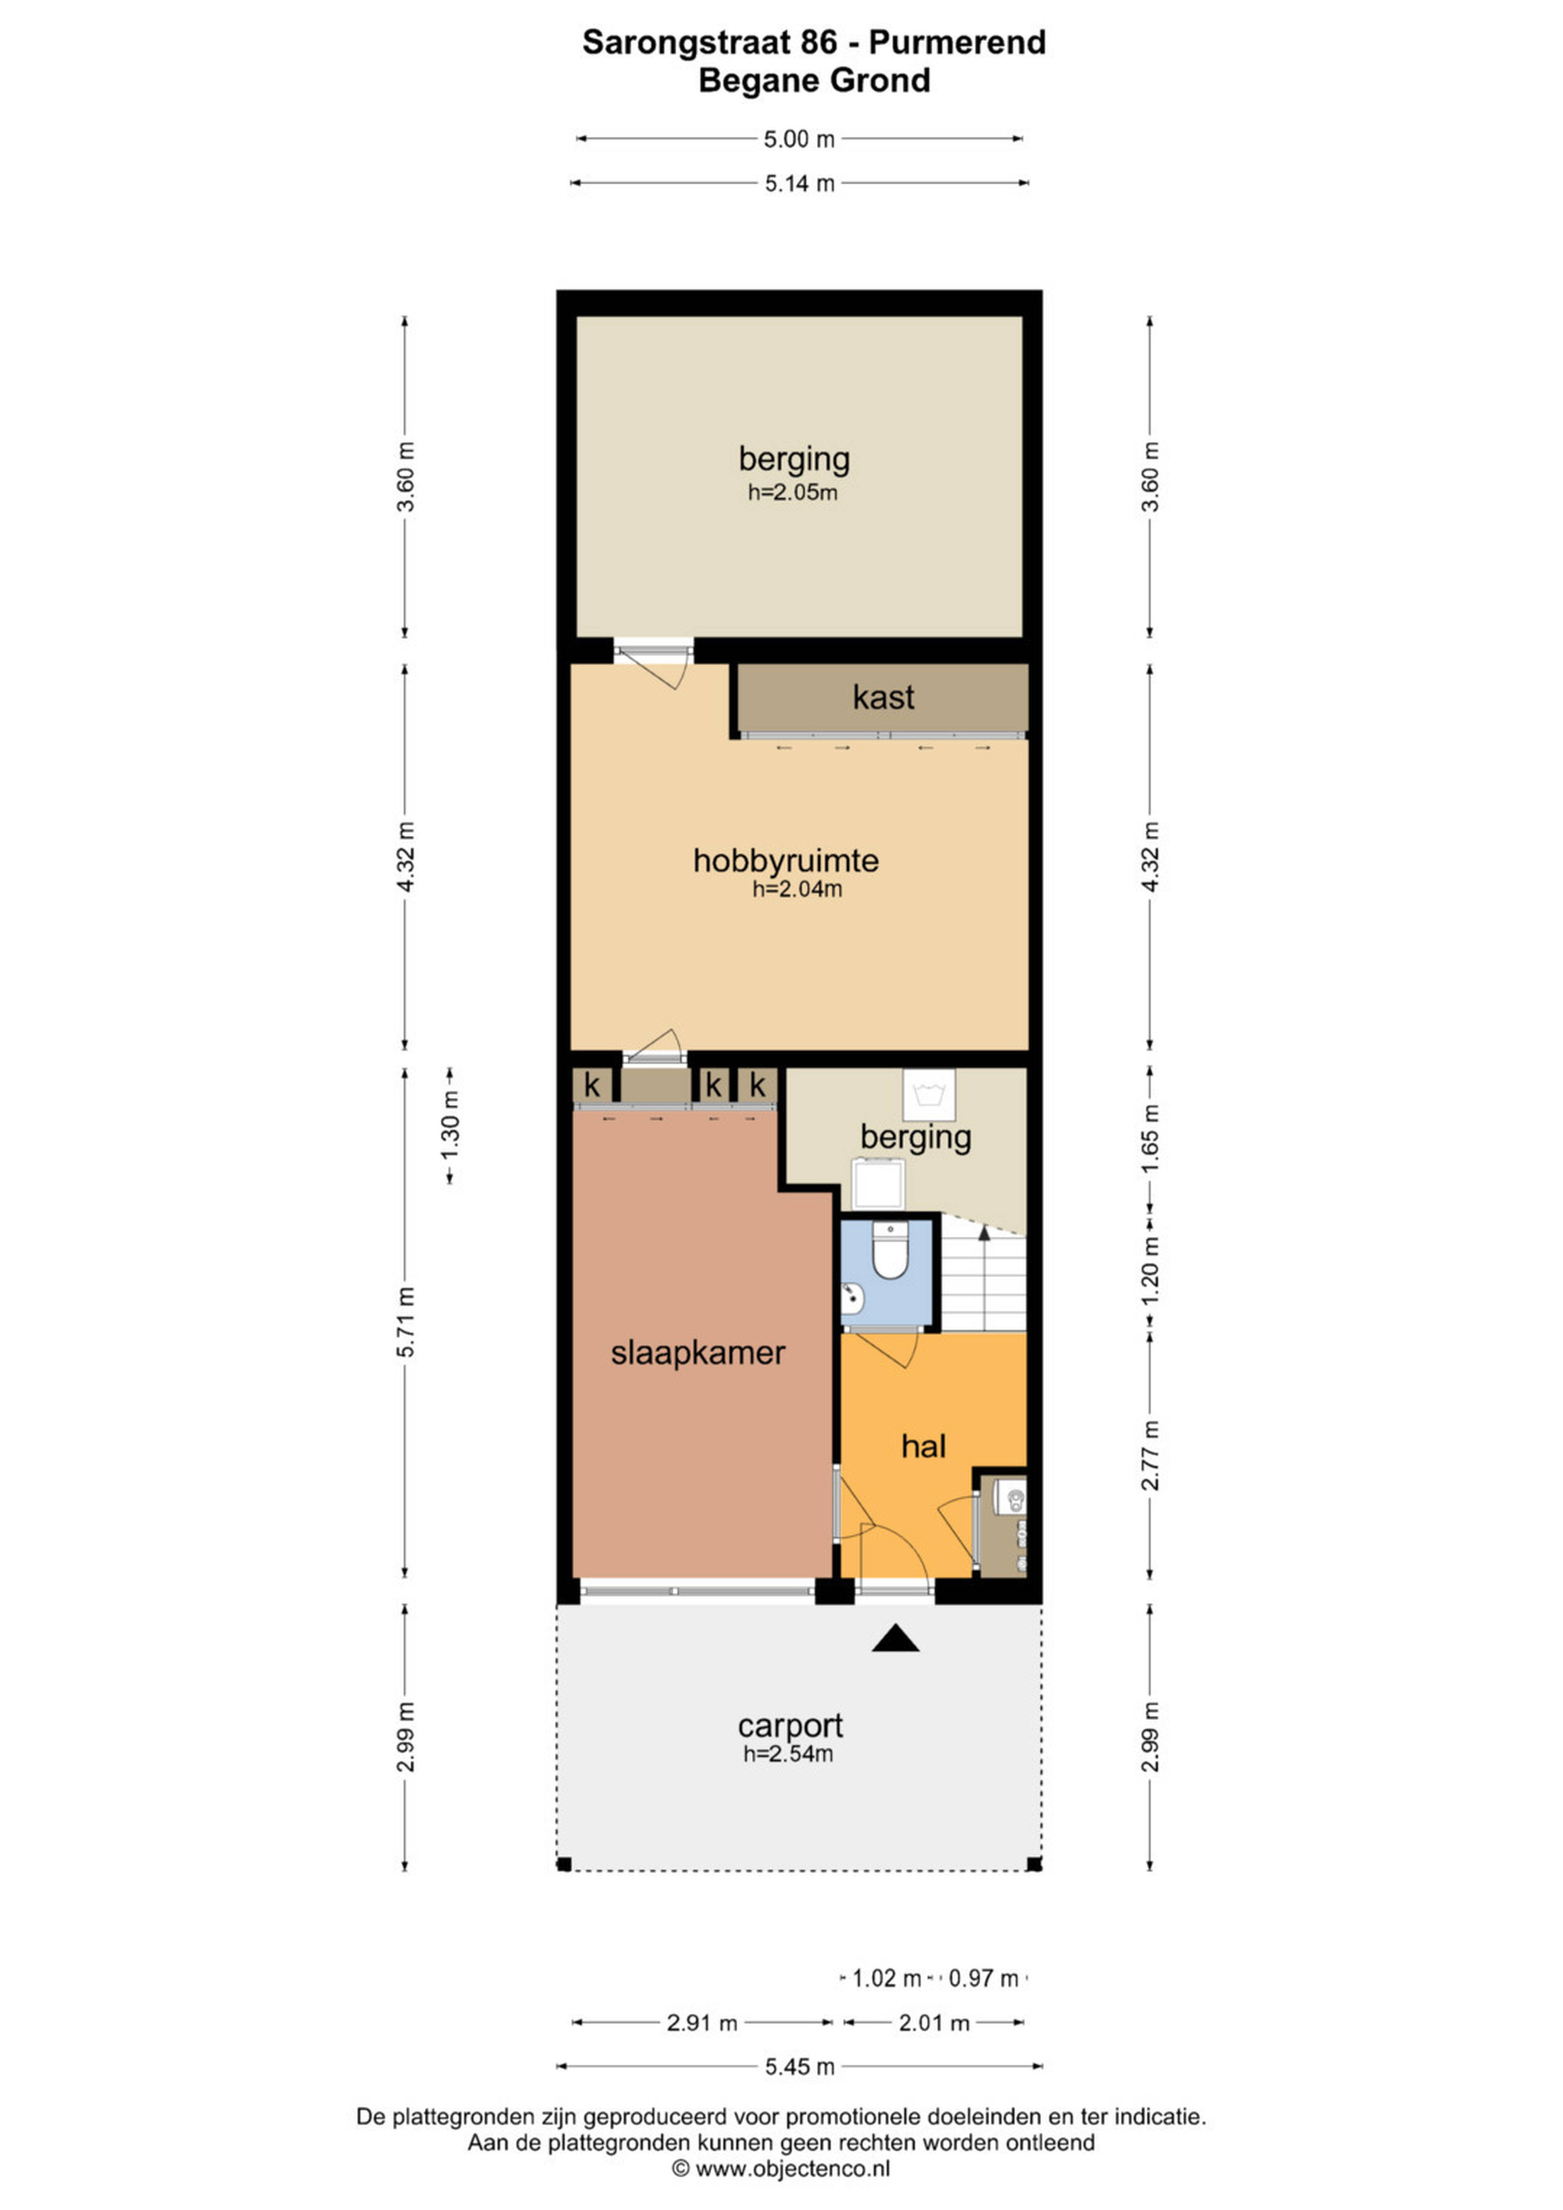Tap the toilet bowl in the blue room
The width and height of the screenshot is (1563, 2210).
tap(889, 1251)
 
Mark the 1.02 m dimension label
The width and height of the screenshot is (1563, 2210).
tap(887, 1978)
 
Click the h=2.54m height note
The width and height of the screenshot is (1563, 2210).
tap(788, 1754)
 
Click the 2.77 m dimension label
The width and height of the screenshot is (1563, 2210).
tap(1150, 1455)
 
